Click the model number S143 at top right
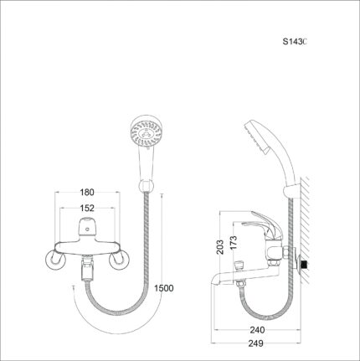pyautogui.click(x=296, y=41)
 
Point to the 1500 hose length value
pyautogui.click(x=164, y=288)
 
